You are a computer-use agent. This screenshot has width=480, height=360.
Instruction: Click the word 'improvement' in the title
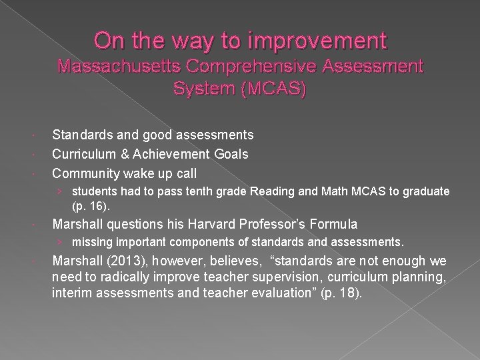(x=319, y=41)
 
